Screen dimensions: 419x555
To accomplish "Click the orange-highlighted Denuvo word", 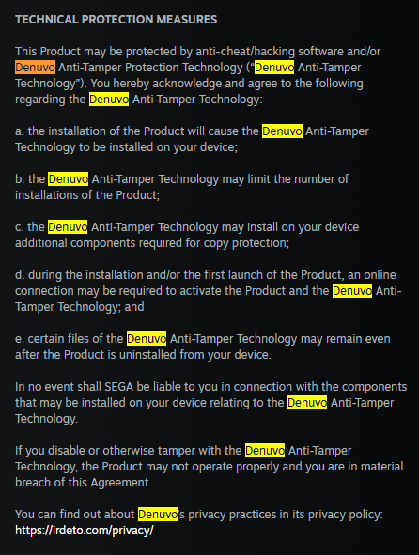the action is pyautogui.click(x=35, y=68).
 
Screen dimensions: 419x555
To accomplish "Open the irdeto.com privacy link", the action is pyautogui.click(x=85, y=531).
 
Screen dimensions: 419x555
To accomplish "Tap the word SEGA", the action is pyautogui.click(x=119, y=387).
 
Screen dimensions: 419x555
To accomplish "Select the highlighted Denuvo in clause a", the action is pyautogui.click(x=282, y=131).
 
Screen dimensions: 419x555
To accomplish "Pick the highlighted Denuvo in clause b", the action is pyautogui.click(x=68, y=179).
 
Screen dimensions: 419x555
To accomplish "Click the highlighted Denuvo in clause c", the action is pyautogui.click(x=68, y=227).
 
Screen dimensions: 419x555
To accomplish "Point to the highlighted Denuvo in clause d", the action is pyautogui.click(x=352, y=291).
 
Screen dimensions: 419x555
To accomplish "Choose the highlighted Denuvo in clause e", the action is pyautogui.click(x=147, y=339).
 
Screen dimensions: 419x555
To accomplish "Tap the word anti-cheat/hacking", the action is pyautogui.click(x=245, y=52).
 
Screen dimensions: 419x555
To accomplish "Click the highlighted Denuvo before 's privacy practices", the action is pyautogui.click(x=158, y=515).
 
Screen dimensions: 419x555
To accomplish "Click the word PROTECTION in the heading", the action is pyautogui.click(x=117, y=20).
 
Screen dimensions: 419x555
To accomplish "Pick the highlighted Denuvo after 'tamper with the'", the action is pyautogui.click(x=265, y=451).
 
